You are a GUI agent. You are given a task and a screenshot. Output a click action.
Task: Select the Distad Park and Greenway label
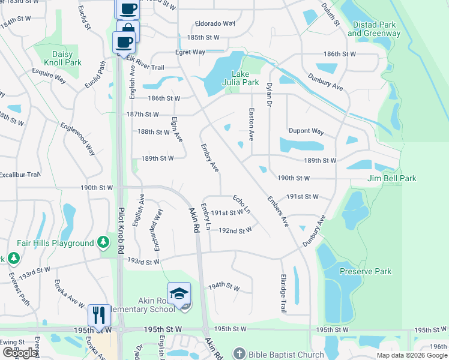[x=373, y=29]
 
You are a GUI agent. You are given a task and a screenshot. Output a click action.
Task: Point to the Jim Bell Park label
[x=392, y=178]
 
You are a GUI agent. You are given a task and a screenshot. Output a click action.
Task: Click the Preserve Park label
[x=366, y=271]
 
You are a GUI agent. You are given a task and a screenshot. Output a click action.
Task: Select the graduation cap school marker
[x=178, y=293]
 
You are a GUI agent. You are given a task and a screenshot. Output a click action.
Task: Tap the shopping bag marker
[x=128, y=29]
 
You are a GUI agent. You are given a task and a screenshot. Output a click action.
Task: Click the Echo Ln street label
[x=242, y=203]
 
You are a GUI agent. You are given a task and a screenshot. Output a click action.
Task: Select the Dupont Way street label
[x=306, y=131]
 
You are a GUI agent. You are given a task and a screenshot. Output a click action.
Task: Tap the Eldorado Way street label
[x=215, y=24]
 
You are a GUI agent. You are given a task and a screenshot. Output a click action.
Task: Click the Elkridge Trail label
[x=283, y=293]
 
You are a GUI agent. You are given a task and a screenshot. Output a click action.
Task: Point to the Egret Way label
[x=191, y=52]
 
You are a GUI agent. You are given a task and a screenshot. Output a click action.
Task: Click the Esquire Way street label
[x=49, y=77]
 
